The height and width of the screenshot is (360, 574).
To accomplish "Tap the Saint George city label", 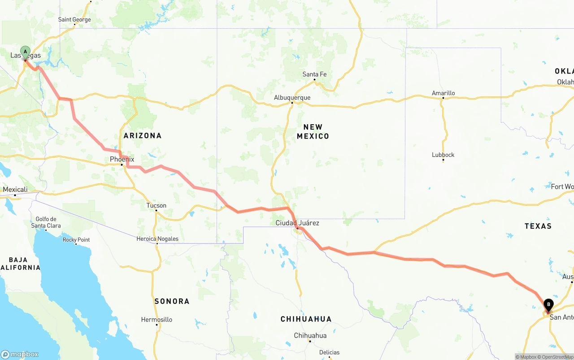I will click(x=74, y=20).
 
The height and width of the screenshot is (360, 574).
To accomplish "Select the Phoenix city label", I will click(x=122, y=159).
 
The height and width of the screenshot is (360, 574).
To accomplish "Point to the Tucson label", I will click(x=156, y=206).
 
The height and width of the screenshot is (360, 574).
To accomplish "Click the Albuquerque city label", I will click(x=292, y=98).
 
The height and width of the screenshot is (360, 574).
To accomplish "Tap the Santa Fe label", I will click(x=314, y=74).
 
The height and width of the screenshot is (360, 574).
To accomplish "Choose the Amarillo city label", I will click(x=443, y=93).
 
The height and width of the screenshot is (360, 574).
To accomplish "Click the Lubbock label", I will click(x=443, y=155).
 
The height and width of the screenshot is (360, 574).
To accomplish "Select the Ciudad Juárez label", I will click(x=297, y=223).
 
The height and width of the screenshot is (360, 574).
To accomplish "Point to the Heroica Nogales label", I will click(x=157, y=239).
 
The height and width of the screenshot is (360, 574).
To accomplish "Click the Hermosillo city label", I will click(x=157, y=320).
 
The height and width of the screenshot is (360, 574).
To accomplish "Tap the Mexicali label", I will click(x=15, y=190).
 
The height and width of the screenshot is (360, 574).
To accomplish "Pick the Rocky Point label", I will click(x=76, y=240).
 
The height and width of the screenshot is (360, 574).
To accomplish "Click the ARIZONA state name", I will click(x=143, y=135).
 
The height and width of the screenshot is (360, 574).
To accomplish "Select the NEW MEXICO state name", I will click(x=313, y=132).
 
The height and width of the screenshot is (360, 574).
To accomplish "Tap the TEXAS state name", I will click(x=538, y=226).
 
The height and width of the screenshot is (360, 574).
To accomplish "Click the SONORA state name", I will click(x=172, y=301).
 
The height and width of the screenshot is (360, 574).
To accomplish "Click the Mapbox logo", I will click(x=20, y=354).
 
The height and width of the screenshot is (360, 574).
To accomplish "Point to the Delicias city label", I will click(x=329, y=352).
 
